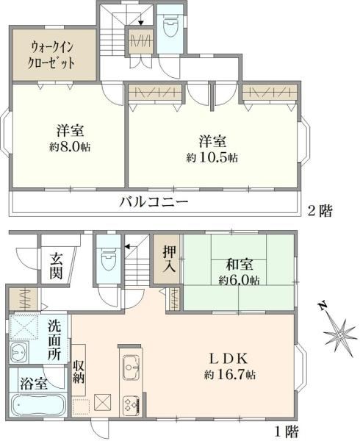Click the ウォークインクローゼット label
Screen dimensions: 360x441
pos(51,55)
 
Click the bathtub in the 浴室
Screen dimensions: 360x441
pos(38,404)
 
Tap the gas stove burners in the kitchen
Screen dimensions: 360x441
pos(132,405)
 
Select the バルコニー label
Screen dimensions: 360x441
pos(154,202)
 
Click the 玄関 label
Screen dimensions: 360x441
pos(57,266)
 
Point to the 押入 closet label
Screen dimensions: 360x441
pos(170,259)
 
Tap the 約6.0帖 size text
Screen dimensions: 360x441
pos(240,280)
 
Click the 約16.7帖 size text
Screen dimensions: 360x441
pos(230,374)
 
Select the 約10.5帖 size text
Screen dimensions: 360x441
pos(212,157)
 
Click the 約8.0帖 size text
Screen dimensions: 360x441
pos(70,147)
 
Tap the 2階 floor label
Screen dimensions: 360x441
pos(320,211)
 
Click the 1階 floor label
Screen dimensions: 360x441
pos(286,431)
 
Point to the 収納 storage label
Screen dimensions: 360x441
pos(79,371)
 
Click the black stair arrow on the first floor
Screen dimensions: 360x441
pos(127,247)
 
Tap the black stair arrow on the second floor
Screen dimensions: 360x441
pos(141,24)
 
